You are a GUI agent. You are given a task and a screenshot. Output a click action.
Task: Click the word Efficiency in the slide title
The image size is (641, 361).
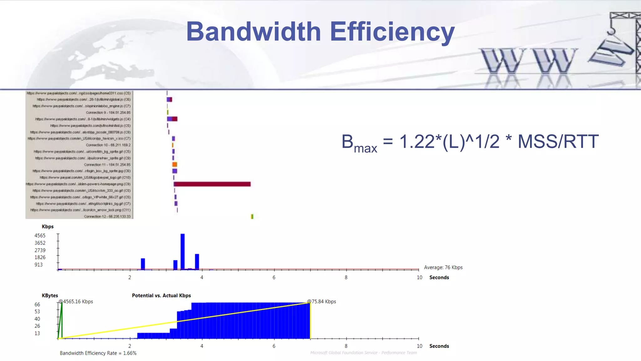pyautogui.click(x=392, y=32)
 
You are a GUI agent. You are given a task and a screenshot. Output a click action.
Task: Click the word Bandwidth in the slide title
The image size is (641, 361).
pyautogui.click(x=254, y=32)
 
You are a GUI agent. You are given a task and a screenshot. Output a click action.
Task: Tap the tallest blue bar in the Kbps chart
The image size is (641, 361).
pyautogui.click(x=182, y=251)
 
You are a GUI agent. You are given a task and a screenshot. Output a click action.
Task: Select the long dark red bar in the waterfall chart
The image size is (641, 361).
pyautogui.click(x=212, y=184)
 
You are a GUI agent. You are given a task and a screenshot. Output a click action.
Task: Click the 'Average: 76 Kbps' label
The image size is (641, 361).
pyautogui.click(x=443, y=267)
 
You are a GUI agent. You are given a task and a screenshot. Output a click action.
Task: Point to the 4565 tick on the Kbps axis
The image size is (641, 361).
pyautogui.click(x=40, y=235)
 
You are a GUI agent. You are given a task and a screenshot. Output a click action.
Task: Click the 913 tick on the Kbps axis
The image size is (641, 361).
pyautogui.click(x=38, y=264)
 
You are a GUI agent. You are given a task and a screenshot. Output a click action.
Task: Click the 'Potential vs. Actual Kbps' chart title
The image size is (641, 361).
pyautogui.click(x=161, y=295)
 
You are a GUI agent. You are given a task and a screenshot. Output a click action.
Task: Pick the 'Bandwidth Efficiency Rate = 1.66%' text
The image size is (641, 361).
pyautogui.click(x=98, y=353)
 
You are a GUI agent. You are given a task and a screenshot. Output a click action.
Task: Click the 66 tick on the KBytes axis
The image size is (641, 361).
pyautogui.click(x=37, y=304)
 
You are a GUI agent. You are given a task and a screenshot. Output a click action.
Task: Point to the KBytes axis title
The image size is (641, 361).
pyautogui.click(x=50, y=295)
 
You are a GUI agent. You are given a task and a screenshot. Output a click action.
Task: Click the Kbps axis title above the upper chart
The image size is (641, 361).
pyautogui.click(x=48, y=226)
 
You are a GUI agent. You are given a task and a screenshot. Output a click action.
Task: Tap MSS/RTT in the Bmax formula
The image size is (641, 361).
pyautogui.click(x=558, y=142)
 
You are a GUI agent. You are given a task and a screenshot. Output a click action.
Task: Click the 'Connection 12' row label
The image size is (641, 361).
pyautogui.click(x=107, y=217)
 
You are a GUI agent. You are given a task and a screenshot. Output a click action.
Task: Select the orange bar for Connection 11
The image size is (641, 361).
pyautogui.click(x=175, y=165)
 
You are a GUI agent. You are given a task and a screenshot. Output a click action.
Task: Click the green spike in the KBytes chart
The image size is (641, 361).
pyautogui.click(x=62, y=320)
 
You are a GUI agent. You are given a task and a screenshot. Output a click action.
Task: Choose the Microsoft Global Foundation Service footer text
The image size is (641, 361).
pyautogui.click(x=363, y=353)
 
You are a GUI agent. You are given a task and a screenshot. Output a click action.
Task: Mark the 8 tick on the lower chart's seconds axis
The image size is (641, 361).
pyautogui.click(x=346, y=346)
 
